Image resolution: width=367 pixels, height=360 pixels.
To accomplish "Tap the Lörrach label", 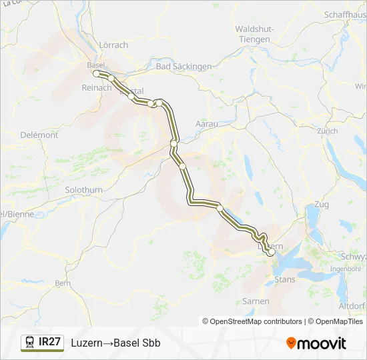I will click(113, 45).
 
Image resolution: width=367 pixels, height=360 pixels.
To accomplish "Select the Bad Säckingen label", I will click(183, 67).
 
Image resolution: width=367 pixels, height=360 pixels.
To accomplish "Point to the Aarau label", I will click(207, 124).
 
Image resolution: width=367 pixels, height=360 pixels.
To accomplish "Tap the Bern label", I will click(63, 283).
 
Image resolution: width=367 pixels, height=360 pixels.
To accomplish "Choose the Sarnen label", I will click(256, 301).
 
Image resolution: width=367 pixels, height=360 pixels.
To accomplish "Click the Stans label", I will click(285, 279).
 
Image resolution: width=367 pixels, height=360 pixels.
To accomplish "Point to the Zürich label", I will click(328, 131).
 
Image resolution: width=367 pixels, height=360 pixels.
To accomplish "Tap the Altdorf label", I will click(352, 305).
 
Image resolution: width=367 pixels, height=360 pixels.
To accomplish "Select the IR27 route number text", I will click(50, 342).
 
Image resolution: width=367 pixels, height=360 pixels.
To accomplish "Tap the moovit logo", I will click(316, 343).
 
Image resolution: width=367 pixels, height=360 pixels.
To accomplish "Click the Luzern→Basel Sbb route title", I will click(115, 343).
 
